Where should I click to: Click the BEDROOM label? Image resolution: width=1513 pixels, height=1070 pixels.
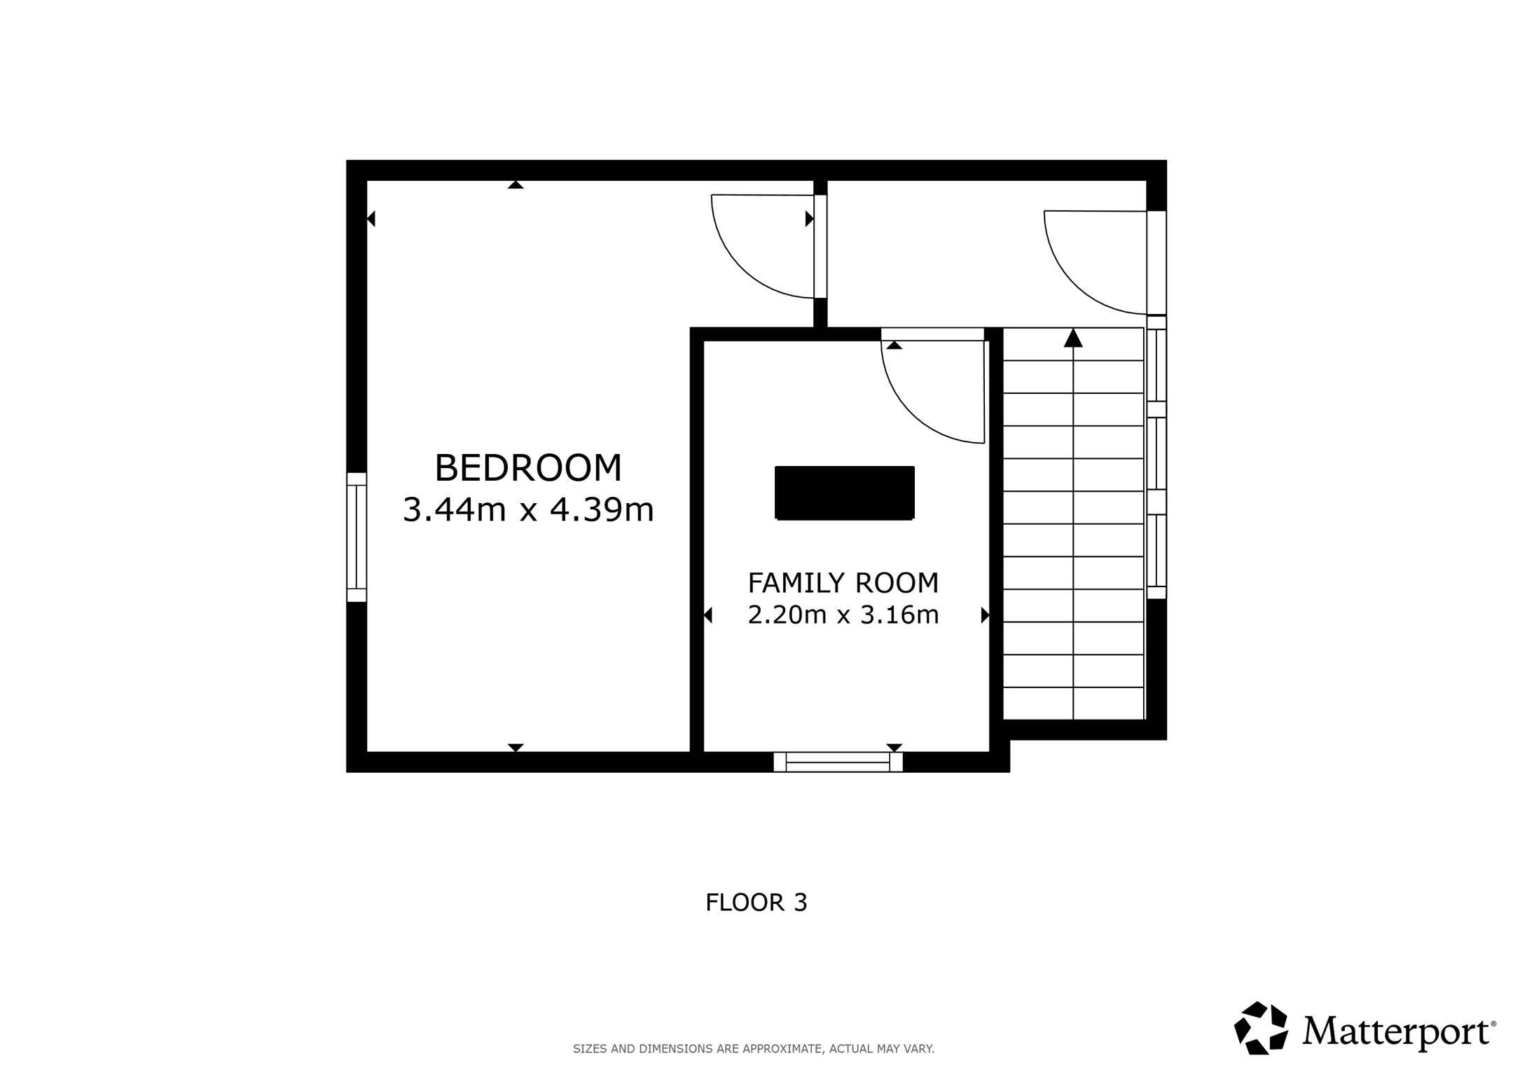[528, 468]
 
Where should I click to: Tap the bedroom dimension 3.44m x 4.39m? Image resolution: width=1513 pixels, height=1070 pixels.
[528, 509]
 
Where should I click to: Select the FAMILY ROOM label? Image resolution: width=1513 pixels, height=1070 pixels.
[843, 582]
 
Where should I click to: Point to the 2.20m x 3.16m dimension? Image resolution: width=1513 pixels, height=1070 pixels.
[843, 615]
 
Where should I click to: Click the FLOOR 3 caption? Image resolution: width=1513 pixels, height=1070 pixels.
[756, 903]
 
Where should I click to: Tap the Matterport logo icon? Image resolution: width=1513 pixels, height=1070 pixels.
[1261, 1028]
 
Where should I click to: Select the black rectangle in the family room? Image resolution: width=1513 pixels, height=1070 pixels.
[845, 493]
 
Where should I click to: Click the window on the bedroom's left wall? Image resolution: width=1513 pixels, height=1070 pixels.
[357, 537]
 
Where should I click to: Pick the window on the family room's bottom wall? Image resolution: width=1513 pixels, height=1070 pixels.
[838, 762]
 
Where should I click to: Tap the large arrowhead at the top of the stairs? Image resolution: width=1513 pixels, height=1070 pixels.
[1073, 338]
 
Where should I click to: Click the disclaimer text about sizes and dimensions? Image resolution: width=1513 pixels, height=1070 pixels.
[754, 1049]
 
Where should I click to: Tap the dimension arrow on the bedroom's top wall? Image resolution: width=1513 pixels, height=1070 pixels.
[516, 185]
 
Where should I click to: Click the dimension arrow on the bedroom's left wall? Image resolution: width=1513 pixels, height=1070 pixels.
[371, 219]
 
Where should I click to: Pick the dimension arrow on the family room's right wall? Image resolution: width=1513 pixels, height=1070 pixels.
[985, 615]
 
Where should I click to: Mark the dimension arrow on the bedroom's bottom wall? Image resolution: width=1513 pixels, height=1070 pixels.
[516, 748]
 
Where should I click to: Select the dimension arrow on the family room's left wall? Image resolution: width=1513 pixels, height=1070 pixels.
[707, 615]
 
